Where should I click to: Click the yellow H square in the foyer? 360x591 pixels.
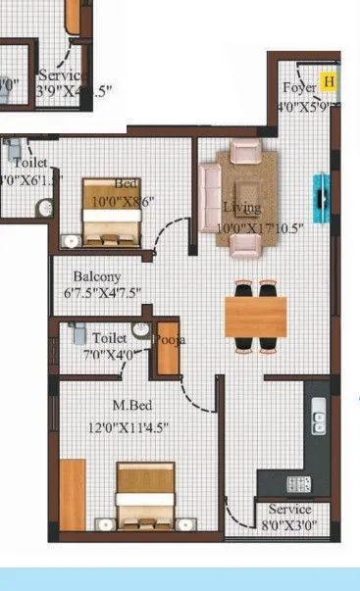[x=330, y=81]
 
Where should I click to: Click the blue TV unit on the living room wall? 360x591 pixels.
[x=321, y=195]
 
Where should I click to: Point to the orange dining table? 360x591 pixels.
[x=256, y=316]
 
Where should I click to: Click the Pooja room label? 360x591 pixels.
[x=169, y=340]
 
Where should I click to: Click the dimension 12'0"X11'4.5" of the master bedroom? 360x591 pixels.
[x=127, y=426]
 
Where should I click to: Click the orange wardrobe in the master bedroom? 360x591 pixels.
[x=73, y=495]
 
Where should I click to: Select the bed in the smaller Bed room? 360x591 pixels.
[x=111, y=211]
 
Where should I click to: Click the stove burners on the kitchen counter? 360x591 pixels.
[x=297, y=483]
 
